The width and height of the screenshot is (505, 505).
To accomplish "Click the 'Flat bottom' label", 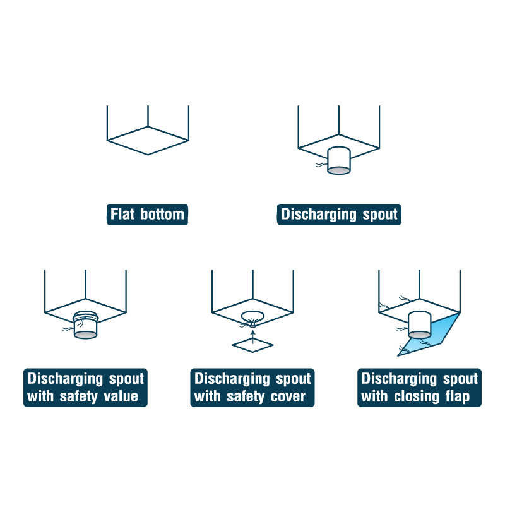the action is tap(147, 214).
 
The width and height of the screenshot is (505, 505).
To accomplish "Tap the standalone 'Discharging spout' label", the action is tap(339, 214).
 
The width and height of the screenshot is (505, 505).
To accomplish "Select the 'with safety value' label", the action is tap(83, 396).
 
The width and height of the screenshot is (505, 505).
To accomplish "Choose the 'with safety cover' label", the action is tap(250, 396).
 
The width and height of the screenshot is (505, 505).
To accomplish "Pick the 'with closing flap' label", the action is tap(415, 396).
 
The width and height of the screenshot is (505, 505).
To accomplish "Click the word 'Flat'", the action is tap(122, 214).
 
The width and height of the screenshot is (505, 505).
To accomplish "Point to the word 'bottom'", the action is tap(162, 214).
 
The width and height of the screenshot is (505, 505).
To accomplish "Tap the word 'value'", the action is tap(121, 396).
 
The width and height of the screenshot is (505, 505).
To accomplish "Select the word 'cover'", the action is tap(288, 396).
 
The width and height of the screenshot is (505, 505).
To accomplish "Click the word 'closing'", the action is tap(417, 396).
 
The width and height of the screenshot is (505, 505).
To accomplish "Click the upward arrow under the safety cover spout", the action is tap(253, 336).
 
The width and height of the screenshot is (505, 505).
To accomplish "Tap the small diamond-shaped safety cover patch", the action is tap(253, 345).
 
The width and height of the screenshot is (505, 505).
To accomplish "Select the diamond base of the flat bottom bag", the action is tap(148, 140).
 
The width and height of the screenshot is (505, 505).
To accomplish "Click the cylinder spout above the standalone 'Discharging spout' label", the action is tap(339, 160).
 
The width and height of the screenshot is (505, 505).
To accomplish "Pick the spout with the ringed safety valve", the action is tap(85, 324).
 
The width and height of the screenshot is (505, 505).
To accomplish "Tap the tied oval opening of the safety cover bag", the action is tap(253, 316).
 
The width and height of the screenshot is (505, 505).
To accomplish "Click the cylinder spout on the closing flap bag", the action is tap(420, 324).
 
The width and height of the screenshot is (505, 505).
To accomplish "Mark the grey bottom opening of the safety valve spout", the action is tap(85, 335).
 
